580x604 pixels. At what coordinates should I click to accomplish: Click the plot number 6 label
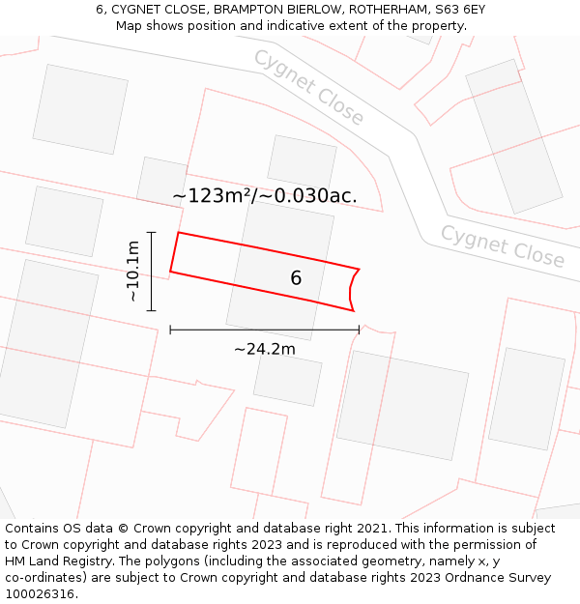click(296, 278)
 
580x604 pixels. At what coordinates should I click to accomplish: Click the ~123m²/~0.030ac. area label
click(265, 195)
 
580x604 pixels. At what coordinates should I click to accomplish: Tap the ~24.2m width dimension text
click(264, 349)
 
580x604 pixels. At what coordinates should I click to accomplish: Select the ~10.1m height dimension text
click(133, 272)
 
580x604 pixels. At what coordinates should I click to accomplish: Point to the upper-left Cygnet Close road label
click(308, 87)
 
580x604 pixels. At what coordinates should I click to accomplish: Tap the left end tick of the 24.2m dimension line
click(170, 330)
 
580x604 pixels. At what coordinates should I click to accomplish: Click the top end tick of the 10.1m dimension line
click(152, 232)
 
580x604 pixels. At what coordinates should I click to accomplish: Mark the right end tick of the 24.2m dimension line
click(359, 330)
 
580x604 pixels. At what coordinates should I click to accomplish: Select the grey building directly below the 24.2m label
click(287, 380)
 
